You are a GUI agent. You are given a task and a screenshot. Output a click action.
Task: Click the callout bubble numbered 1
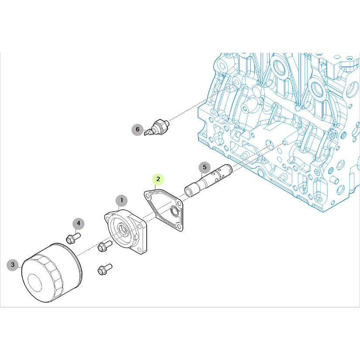point(121,201)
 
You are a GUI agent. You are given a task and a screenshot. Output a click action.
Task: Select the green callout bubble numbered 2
point(158,179)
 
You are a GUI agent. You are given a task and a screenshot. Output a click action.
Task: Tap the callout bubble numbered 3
point(13,265)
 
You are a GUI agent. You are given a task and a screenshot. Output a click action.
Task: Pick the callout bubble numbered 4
point(79,223)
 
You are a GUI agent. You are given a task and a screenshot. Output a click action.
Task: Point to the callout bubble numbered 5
point(205,167)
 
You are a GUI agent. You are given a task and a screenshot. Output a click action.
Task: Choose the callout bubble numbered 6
point(137,129)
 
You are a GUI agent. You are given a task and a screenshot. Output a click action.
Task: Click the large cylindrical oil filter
point(51,273)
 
